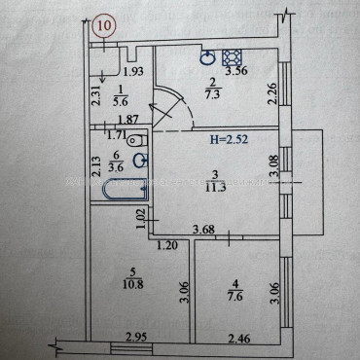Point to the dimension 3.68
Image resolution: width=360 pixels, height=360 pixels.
click(202, 229)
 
